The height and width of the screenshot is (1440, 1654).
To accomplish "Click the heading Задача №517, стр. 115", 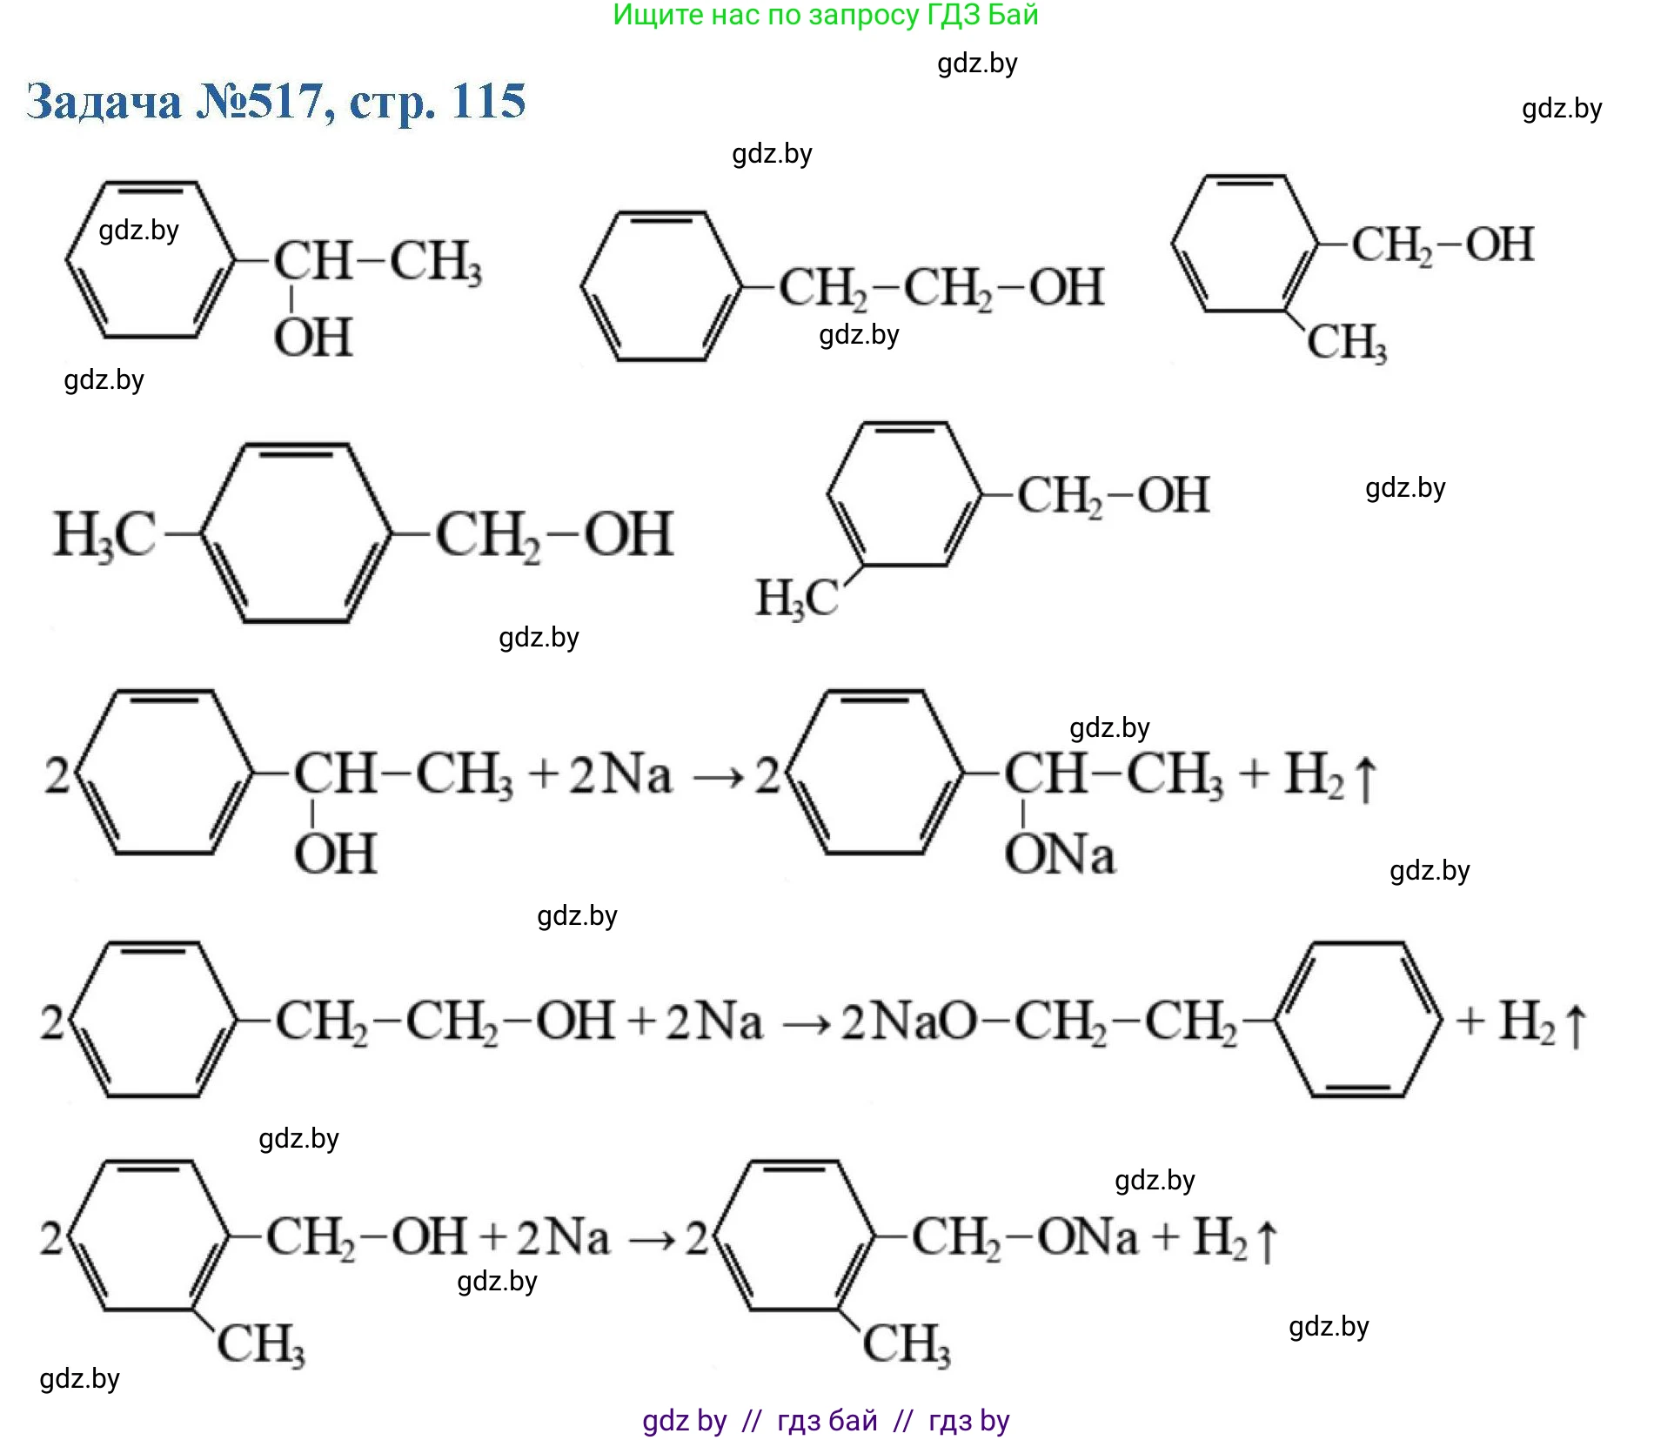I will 276,102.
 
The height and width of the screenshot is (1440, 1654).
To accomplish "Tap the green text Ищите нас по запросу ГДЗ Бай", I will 826,15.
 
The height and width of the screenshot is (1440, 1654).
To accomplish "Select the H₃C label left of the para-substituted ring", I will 104,534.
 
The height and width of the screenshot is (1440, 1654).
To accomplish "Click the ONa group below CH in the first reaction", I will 1059,854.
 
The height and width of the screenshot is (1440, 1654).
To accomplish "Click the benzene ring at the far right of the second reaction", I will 1358,1020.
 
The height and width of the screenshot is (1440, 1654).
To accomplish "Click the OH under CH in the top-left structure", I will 313,338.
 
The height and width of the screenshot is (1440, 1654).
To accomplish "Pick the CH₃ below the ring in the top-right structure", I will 1346,342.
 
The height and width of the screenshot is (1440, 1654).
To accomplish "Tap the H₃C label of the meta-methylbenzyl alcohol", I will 796,599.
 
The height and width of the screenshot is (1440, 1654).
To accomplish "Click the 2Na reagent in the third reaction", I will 563,1237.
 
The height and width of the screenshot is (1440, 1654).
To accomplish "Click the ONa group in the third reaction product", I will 1087,1237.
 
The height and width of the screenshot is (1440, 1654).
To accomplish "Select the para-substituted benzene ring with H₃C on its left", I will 296,533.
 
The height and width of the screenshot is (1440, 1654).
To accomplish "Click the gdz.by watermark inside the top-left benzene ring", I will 139,231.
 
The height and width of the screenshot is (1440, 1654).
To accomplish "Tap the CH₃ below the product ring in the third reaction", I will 906,1343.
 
